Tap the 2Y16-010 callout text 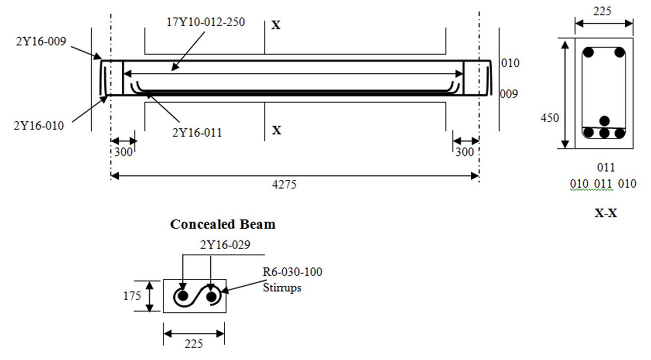[38, 126]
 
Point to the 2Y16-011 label [197, 132]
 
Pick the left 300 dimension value [124, 152]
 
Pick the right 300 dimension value [464, 152]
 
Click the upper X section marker [276, 25]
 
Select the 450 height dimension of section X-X [550, 118]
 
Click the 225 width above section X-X [604, 10]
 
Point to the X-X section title [605, 214]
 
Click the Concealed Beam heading [223, 224]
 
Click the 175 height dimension [132, 296]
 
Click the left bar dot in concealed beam [183, 297]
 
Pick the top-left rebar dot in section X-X [589, 52]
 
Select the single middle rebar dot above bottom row [604, 120]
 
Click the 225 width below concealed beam [194, 343]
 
